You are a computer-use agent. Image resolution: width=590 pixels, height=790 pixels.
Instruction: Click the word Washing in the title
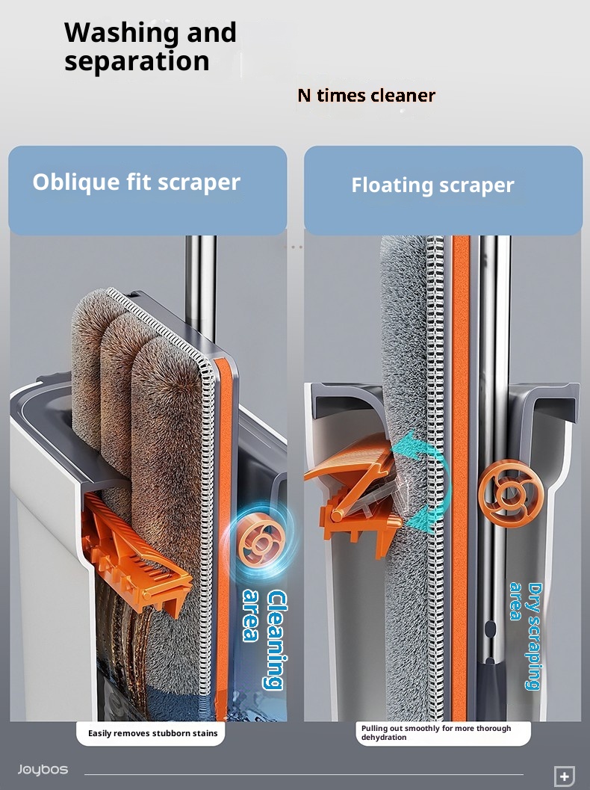click(x=122, y=33)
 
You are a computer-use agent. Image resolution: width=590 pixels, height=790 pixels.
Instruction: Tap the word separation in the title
click(x=137, y=61)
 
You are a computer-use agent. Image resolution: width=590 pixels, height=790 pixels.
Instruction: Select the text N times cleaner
click(x=367, y=95)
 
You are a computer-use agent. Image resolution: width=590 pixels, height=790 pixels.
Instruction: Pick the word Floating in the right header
click(x=391, y=185)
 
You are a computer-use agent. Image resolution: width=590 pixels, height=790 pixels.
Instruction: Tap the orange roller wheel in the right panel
click(x=510, y=493)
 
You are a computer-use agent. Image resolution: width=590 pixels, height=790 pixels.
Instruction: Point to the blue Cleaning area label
click(x=265, y=639)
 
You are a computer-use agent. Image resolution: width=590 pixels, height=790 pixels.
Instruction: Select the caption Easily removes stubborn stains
click(x=153, y=734)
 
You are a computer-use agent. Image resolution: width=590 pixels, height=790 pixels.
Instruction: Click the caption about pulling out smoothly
click(x=436, y=732)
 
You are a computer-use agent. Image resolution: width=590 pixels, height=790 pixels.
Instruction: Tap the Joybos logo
click(x=43, y=769)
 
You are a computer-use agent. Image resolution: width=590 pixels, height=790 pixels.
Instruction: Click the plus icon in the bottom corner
click(x=565, y=777)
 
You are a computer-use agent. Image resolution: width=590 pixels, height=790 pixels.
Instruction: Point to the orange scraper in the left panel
click(x=136, y=555)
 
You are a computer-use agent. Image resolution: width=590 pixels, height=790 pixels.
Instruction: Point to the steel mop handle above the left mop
click(x=201, y=287)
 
